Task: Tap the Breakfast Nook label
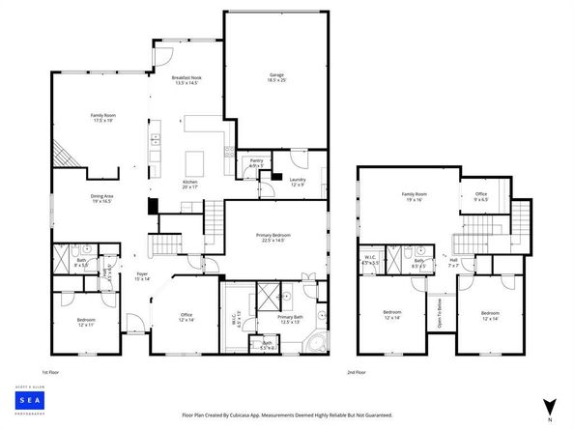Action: coord(186,79)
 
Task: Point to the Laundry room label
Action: coord(298,180)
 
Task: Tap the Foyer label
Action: coord(141,276)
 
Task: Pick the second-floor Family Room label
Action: coord(415,196)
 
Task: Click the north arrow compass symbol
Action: coord(550,407)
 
